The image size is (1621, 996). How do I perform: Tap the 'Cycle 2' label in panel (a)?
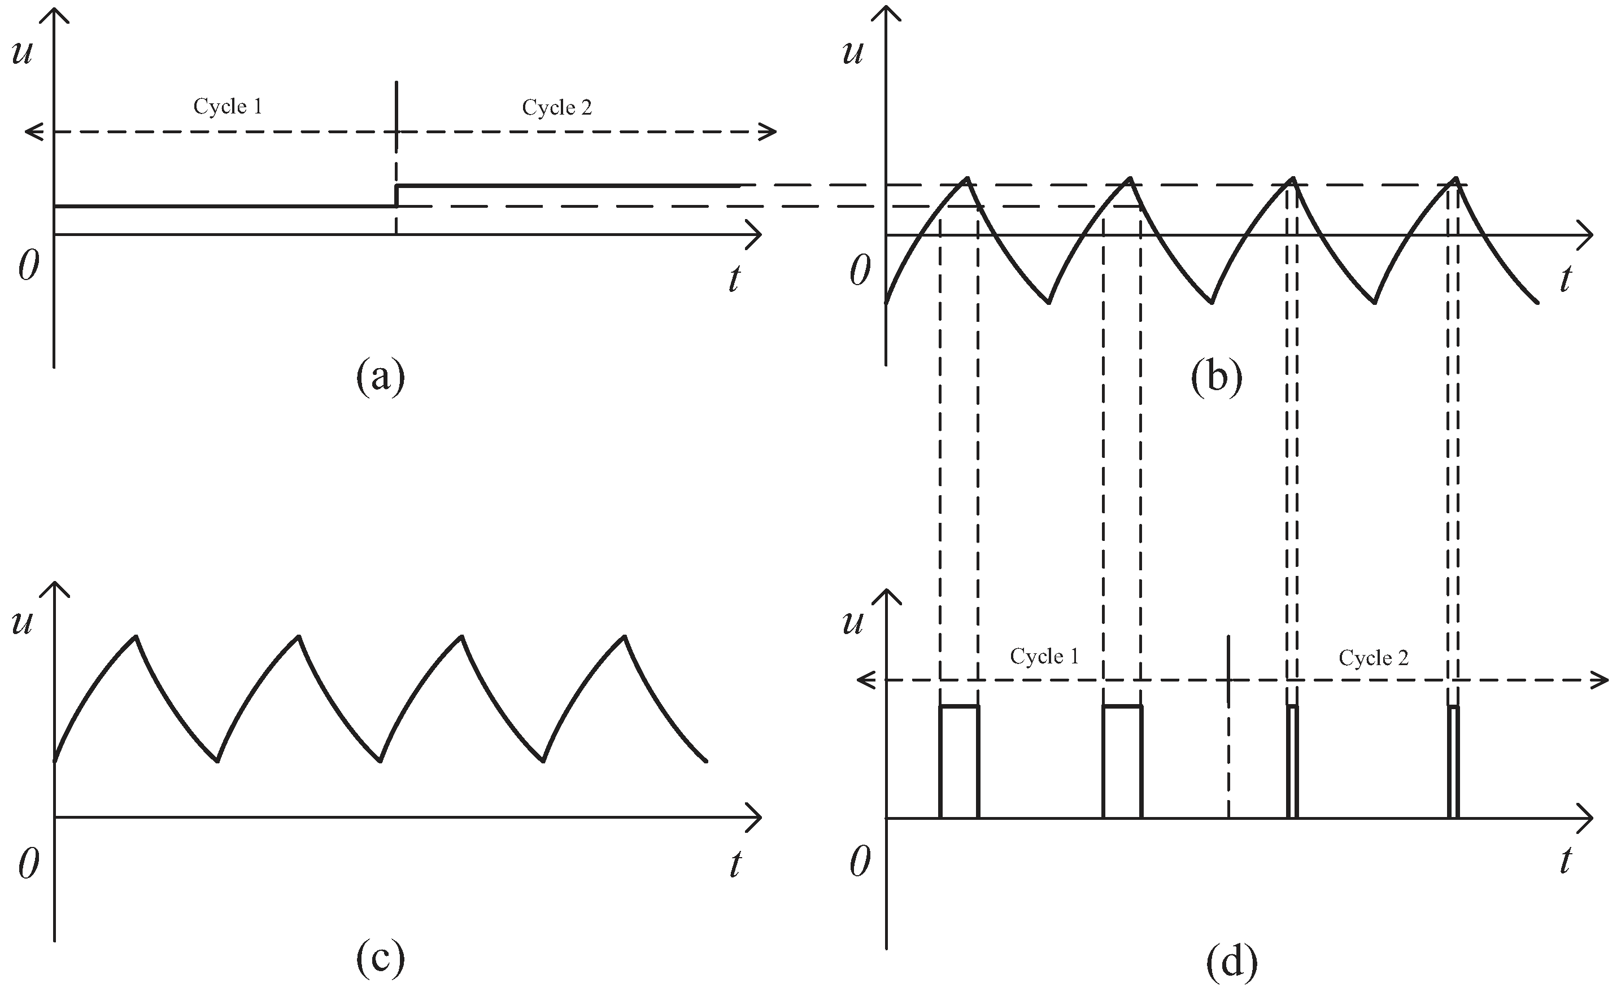[x=557, y=108]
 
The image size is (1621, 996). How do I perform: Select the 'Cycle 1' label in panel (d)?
[x=1044, y=656]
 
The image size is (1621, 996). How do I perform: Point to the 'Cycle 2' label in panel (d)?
[x=1374, y=658]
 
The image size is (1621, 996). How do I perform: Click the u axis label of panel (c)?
[x=21, y=622]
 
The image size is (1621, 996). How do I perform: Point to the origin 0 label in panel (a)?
[x=28, y=266]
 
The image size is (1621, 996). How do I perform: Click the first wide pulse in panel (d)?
[x=959, y=761]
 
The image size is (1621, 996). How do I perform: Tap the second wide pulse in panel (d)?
[x=1122, y=761]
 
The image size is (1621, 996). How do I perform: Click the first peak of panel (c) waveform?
[x=136, y=636]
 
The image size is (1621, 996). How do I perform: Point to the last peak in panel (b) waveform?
[x=1456, y=178]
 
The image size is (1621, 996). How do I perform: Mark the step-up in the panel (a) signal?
[x=396, y=196]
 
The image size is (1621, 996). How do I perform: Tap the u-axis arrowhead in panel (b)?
[x=886, y=13]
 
